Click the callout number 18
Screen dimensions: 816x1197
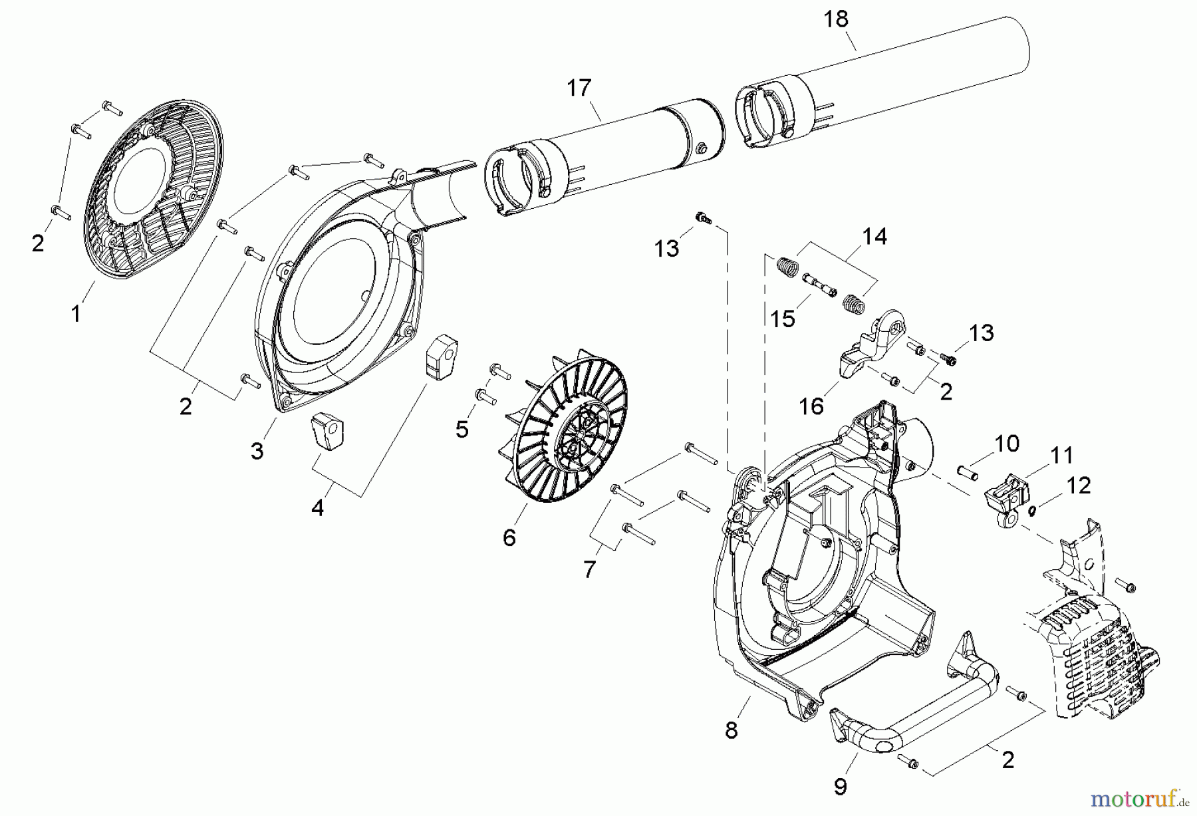tap(836, 19)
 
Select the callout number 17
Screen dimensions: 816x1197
tap(579, 88)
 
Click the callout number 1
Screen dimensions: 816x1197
tap(76, 313)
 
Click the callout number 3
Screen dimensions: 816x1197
tap(257, 450)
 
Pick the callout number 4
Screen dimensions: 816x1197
tap(318, 508)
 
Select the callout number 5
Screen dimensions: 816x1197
tap(462, 429)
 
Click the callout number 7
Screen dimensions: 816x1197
tap(589, 569)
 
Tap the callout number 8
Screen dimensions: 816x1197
tap(731, 730)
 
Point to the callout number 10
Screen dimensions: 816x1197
tap(1007, 444)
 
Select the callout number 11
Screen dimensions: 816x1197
tap(1062, 456)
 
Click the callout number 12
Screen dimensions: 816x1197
tap(1079, 485)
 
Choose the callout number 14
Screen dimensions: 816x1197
tap(874, 236)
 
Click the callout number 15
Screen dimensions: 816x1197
tap(783, 319)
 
